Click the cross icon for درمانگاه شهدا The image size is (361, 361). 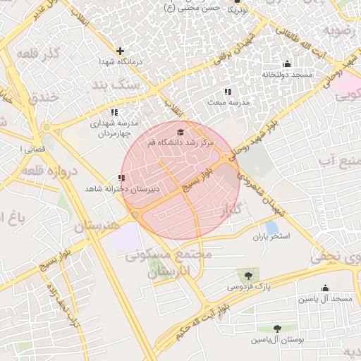click(121, 51)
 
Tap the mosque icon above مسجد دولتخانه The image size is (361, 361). click(286, 63)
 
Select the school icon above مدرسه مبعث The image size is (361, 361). click(227, 92)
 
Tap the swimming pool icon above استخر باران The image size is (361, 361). click(271, 226)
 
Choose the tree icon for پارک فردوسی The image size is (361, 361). click(247, 275)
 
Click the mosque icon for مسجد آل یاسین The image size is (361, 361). click(324, 288)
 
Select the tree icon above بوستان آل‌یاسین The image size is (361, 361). click(276, 329)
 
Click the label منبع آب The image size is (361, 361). click(338, 162)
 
